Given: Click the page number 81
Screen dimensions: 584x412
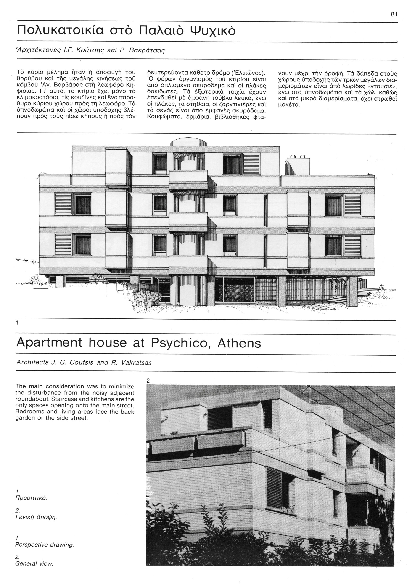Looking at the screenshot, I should pos(394,15).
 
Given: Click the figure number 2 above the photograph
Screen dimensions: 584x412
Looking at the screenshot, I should pos(148,381).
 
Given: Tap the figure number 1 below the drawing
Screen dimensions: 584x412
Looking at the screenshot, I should pos(17,323).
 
